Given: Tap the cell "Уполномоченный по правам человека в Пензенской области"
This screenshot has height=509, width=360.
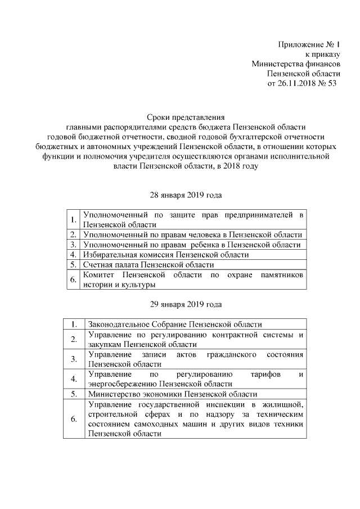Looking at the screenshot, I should tap(192, 235).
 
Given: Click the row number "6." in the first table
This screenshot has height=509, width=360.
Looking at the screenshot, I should tap(73, 279).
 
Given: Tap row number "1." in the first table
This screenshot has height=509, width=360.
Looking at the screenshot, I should tap(73, 219).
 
